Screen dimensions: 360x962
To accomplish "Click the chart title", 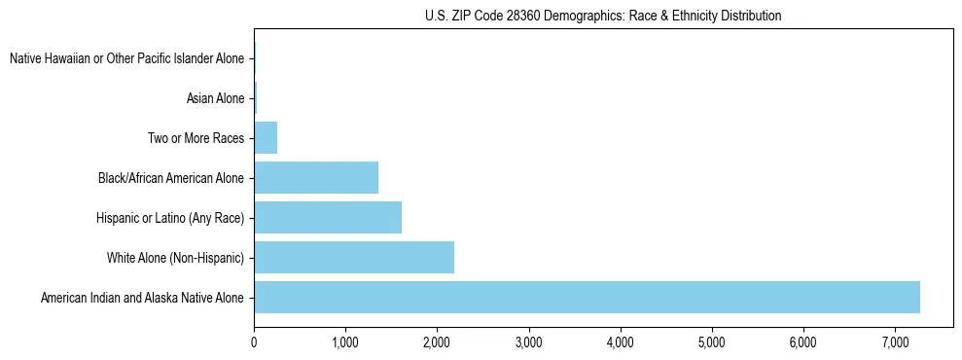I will click(x=603, y=16).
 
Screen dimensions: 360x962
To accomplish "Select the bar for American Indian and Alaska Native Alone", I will click(x=587, y=298).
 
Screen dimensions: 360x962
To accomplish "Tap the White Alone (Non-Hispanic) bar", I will click(x=354, y=258).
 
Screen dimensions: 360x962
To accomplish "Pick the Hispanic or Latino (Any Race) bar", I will click(x=328, y=218).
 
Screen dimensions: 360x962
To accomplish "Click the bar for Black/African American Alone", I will click(x=316, y=178).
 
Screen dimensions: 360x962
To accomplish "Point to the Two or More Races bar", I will click(x=266, y=138).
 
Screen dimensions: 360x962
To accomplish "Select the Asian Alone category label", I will click(x=215, y=98).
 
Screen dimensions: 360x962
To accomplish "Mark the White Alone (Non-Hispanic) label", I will click(x=176, y=258).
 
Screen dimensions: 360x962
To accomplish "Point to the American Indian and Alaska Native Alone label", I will click(x=143, y=298).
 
